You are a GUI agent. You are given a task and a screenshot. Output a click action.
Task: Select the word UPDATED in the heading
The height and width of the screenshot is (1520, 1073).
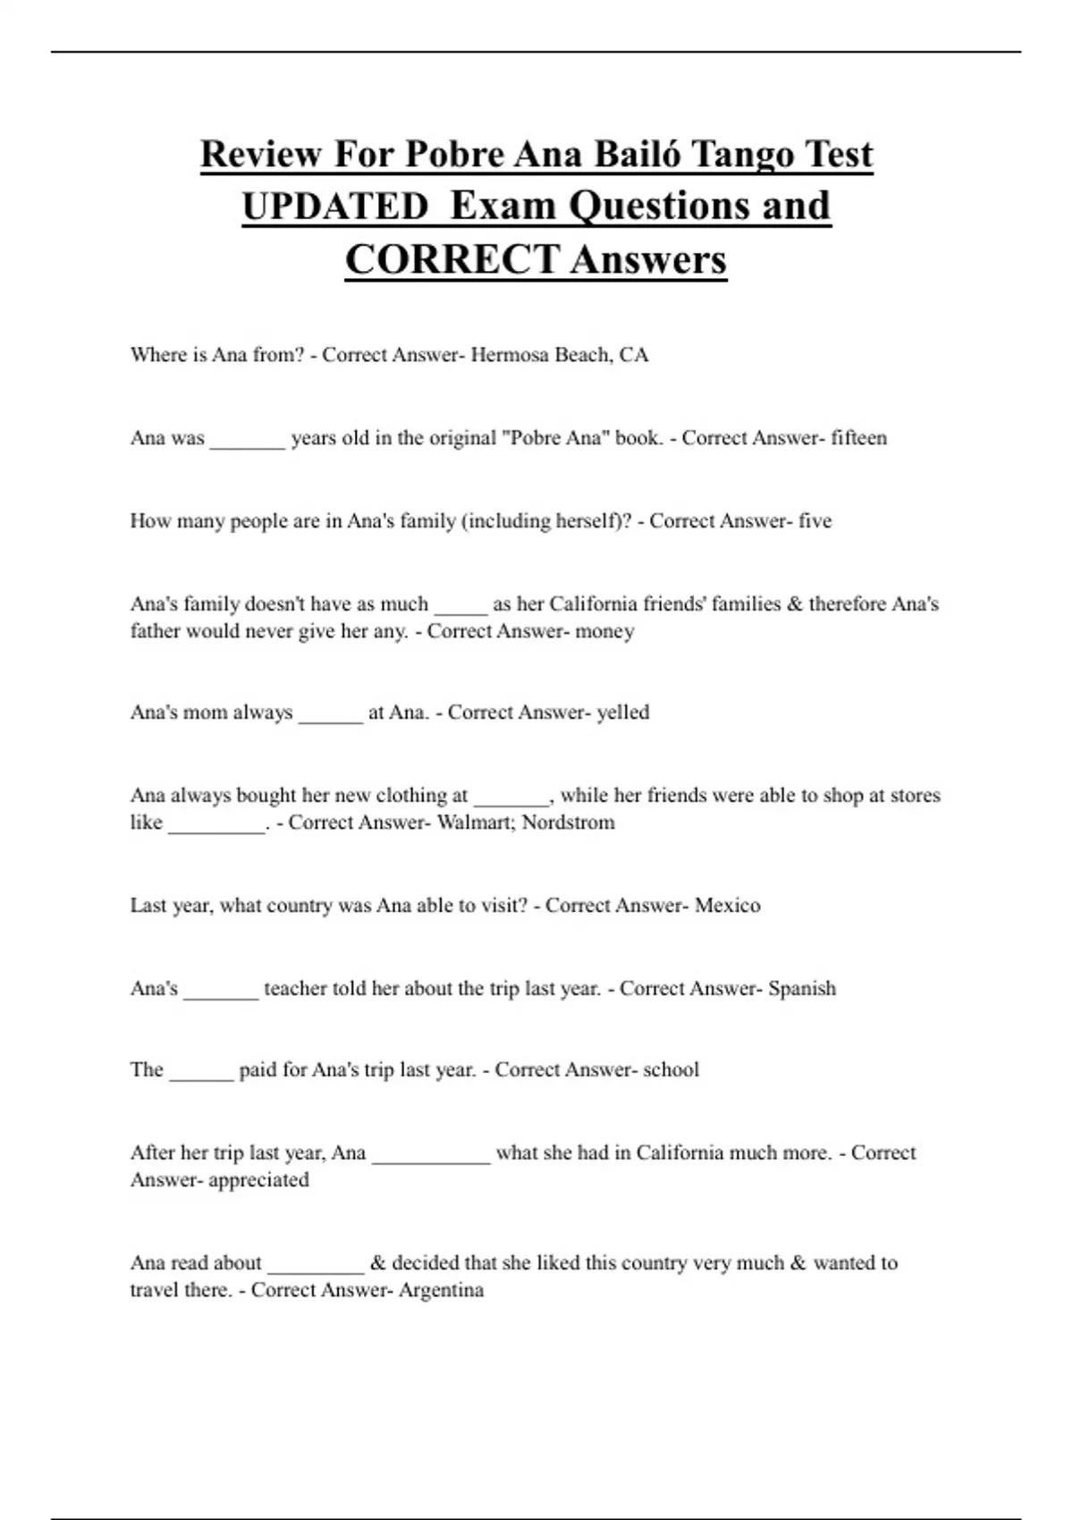point(335,207)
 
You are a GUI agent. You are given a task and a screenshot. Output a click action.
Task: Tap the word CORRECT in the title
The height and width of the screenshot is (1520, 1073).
point(452,260)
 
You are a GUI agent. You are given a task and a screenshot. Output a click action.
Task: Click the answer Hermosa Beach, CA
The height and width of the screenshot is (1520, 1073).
point(559,355)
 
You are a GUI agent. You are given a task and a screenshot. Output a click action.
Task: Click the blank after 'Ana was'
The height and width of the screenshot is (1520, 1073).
point(248,442)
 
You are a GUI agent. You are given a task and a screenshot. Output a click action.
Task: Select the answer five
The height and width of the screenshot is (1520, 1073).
point(815,521)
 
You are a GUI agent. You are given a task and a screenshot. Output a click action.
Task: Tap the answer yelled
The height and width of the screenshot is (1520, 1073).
point(622,713)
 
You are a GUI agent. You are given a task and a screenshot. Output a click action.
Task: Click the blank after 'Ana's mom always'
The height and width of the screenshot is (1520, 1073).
point(331,716)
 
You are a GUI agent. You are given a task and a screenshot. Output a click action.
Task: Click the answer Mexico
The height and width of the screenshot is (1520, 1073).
point(727,906)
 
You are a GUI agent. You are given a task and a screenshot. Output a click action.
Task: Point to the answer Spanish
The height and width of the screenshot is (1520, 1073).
point(802,989)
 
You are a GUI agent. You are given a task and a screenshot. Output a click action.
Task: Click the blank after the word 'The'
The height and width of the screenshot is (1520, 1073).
point(201,1074)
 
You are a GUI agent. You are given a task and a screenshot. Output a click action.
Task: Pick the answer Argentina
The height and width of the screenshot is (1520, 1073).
point(441,1290)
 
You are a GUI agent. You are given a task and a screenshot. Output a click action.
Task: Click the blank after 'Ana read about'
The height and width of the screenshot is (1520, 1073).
point(316,1267)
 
